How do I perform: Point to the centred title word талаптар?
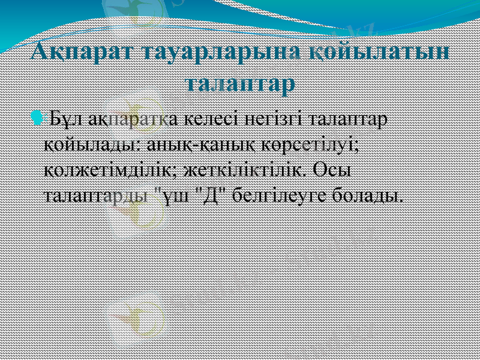point(240,82)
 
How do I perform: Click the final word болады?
point(366,196)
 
